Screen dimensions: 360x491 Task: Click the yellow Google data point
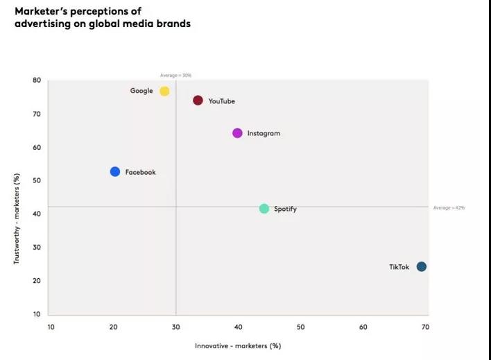[x=164, y=92]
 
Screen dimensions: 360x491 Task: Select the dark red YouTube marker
[x=198, y=101]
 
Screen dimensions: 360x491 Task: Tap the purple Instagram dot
[x=237, y=133]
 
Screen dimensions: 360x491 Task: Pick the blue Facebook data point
[x=115, y=172]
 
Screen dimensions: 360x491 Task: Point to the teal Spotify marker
[x=264, y=209]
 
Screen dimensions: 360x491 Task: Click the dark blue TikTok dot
[x=421, y=267]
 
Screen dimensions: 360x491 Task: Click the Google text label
[x=141, y=91]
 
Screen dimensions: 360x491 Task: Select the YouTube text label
[x=221, y=101]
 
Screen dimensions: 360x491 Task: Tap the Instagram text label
[x=264, y=133]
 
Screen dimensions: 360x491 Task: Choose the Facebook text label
[x=140, y=172]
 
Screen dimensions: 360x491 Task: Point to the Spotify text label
[x=285, y=209]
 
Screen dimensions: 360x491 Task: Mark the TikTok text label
[x=399, y=267]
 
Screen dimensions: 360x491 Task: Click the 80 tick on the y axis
[x=36, y=80]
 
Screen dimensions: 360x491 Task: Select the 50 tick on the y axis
[x=36, y=180]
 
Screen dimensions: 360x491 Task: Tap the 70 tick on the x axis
[x=425, y=327]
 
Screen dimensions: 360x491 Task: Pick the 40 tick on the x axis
[x=238, y=327]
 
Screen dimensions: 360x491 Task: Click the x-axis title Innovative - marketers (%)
[x=237, y=345]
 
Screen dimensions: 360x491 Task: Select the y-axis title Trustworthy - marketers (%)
[x=17, y=218]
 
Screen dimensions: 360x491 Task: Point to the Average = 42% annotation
[x=449, y=208]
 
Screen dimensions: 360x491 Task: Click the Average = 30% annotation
[x=175, y=75]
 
